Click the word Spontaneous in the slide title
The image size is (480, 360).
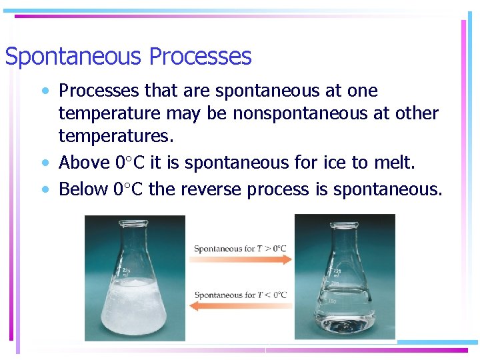click(x=75, y=57)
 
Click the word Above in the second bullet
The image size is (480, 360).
click(x=85, y=163)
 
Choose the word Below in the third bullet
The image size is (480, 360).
click(x=85, y=189)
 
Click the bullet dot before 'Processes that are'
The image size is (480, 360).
click(x=45, y=91)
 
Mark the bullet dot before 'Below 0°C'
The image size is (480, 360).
click(x=45, y=190)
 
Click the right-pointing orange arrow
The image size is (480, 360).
click(x=241, y=260)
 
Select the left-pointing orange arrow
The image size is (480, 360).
click(x=241, y=307)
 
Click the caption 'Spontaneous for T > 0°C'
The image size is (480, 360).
click(x=240, y=249)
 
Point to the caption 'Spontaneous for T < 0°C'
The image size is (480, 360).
click(x=240, y=295)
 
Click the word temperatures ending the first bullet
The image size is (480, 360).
click(x=115, y=137)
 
